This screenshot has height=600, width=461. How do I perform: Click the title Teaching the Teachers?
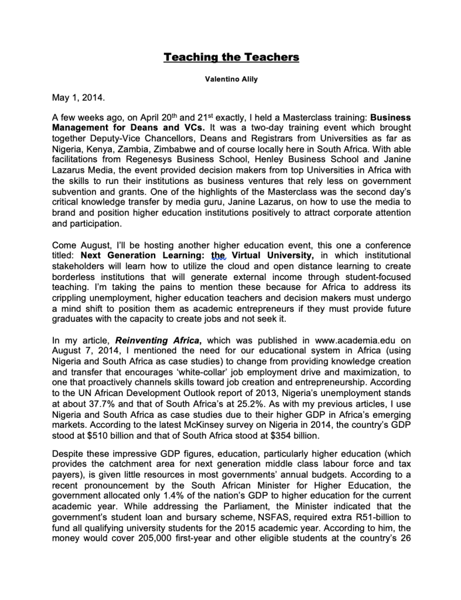click(x=231, y=57)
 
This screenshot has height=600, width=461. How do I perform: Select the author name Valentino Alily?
click(x=231, y=80)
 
